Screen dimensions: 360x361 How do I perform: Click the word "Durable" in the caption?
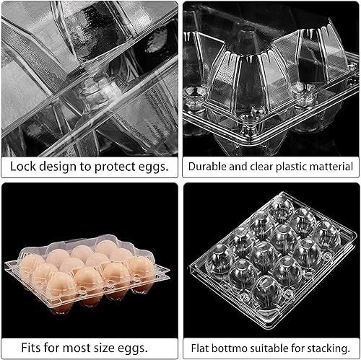point(207,167)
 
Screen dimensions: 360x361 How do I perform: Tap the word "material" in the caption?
point(331,167)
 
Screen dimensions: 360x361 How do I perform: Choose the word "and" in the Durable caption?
point(235,167)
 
